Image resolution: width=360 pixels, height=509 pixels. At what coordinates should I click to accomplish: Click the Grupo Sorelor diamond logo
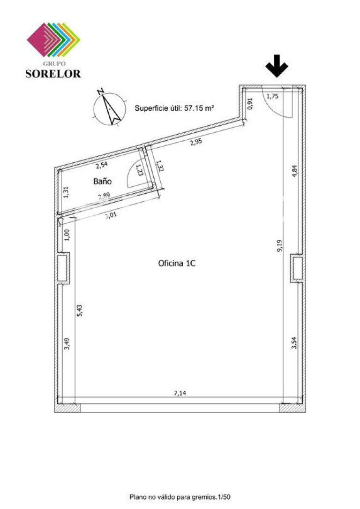53,39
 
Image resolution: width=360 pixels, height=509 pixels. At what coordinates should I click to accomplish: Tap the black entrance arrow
277,66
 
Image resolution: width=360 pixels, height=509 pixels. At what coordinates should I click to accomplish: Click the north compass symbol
109,108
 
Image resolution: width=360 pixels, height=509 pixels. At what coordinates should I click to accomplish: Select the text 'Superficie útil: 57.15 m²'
174,108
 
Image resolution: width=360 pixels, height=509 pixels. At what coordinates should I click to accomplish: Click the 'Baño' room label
103,181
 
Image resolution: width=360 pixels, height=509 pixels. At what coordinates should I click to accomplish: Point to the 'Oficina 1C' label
177,263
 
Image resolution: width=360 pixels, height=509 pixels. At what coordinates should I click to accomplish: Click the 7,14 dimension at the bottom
180,393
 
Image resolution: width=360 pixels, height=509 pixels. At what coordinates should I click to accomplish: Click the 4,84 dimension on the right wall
294,171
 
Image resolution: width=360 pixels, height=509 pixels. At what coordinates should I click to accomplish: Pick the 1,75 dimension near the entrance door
272,96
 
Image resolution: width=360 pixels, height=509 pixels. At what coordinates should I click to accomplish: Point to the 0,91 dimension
250,104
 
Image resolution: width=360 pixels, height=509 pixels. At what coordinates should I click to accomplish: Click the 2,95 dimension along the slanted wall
196,142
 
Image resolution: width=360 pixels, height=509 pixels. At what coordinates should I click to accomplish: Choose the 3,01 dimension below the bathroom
111,215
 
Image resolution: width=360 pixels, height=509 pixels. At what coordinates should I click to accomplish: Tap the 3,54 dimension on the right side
294,343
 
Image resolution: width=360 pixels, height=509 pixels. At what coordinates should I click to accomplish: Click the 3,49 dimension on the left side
67,344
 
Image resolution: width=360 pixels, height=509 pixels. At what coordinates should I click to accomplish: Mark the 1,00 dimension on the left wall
67,235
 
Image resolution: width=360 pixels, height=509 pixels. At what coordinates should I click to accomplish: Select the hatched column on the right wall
297,268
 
